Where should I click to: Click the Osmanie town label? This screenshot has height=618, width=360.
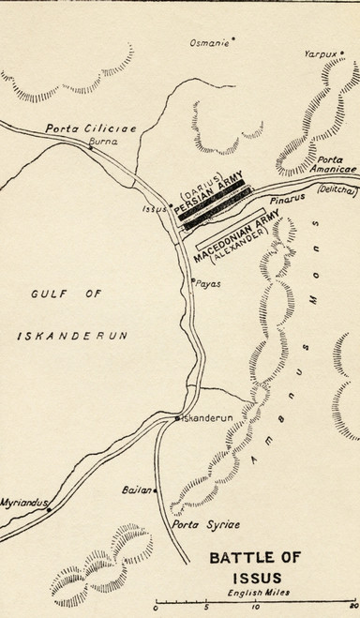(208, 41)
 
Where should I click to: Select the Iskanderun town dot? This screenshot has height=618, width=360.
(177, 418)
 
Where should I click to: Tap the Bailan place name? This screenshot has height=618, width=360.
(135, 490)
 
